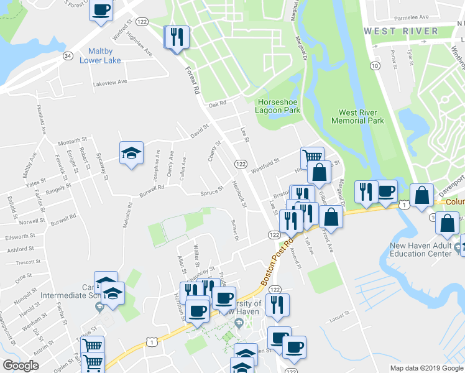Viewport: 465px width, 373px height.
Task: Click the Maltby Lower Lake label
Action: pos(100,55)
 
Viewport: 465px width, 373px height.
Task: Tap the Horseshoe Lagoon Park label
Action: pos(278,106)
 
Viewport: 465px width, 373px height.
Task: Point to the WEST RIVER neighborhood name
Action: pos(400,30)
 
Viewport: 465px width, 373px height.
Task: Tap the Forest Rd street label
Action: pos(192,81)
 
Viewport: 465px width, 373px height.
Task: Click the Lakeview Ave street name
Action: pos(110,82)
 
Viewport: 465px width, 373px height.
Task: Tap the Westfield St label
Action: pos(264,166)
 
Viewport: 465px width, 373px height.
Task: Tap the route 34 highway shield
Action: pos(67,56)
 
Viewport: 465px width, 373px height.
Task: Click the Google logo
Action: pos(21,366)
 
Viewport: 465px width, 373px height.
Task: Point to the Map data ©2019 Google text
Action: pos(426,368)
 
